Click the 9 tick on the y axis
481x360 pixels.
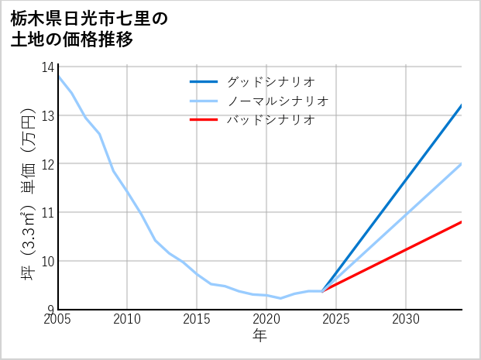coord(50,310)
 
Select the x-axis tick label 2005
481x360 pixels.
coord(58,319)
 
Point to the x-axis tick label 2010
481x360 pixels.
coord(128,319)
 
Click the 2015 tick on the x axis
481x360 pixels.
coord(198,319)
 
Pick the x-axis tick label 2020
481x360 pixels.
coord(266,319)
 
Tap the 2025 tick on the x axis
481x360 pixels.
coord(336,319)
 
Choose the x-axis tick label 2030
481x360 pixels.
coord(406,319)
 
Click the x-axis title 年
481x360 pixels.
coord(260,335)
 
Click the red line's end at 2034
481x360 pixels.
coord(462,222)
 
